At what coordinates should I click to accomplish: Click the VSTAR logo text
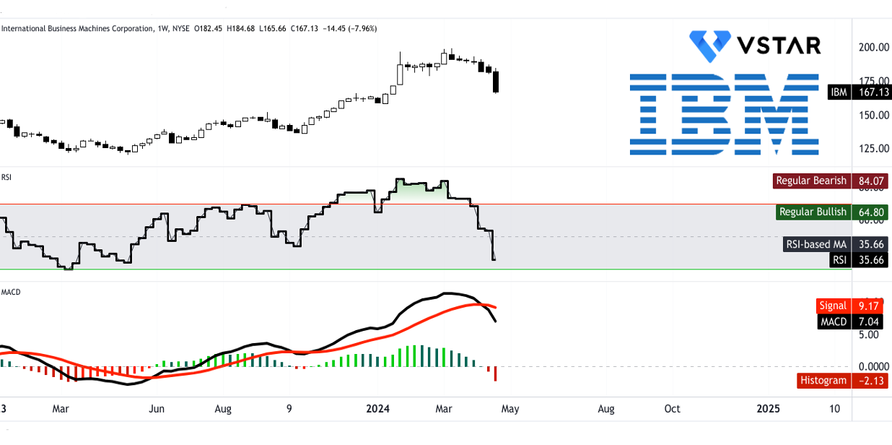(778, 46)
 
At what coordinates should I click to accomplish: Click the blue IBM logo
(725, 114)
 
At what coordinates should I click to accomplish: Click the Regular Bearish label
(810, 181)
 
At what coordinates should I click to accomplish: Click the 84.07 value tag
(870, 181)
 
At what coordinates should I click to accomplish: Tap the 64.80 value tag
(870, 212)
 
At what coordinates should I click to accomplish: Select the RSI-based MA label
(816, 244)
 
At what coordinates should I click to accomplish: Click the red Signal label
(832, 306)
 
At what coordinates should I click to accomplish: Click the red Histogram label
(823, 381)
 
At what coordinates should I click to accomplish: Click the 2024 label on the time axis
(377, 409)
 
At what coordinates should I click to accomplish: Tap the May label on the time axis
(510, 409)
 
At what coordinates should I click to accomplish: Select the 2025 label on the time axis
(769, 409)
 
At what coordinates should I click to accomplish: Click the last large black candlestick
(496, 82)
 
